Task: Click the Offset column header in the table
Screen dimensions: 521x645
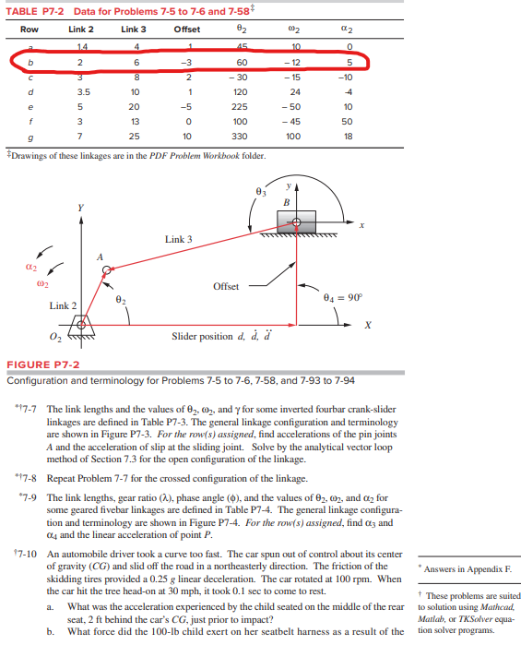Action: [188, 30]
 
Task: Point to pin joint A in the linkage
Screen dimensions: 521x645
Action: [108, 270]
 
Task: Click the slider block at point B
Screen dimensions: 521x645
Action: [296, 221]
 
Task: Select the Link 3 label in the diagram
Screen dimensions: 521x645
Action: [179, 240]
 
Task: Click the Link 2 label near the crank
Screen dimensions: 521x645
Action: [62, 305]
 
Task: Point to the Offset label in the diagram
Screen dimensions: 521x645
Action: [227, 286]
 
